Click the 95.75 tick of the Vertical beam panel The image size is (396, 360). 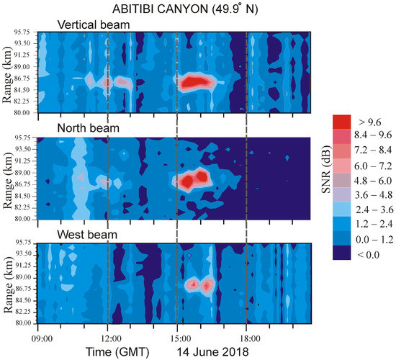pyautogui.click(x=24, y=33)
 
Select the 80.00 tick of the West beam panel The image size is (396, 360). pyautogui.click(x=24, y=323)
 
